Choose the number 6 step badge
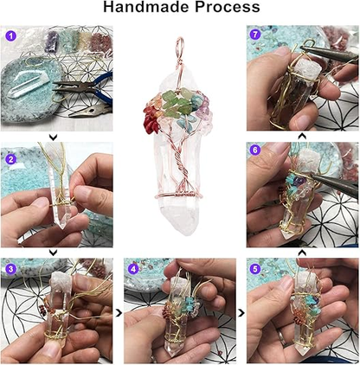pyautogui.click(x=255, y=149)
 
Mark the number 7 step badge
pyautogui.click(x=255, y=35)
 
